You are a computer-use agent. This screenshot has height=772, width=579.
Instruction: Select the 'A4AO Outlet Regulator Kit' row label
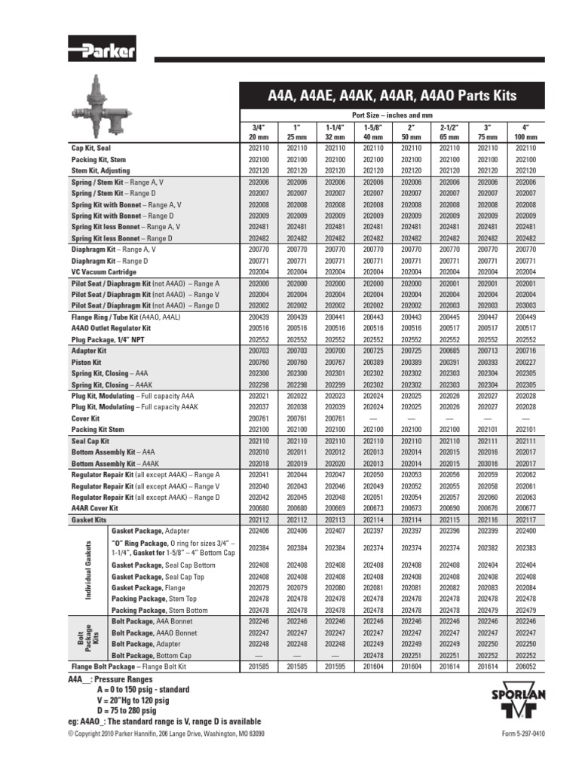[x=111, y=329]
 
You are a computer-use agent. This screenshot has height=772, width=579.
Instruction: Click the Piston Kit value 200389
[x=372, y=363]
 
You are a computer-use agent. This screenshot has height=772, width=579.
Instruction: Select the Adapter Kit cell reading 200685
[x=449, y=351]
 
